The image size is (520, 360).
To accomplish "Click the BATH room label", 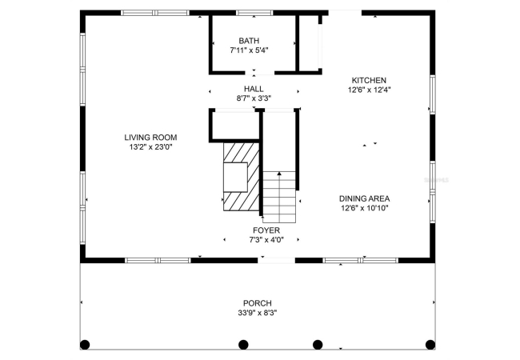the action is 249,41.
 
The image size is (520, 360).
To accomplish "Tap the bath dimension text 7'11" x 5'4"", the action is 249,50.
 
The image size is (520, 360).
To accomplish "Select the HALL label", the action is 254,89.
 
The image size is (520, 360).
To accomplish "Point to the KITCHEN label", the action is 369,80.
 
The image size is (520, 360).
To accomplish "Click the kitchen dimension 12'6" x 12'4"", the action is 369,90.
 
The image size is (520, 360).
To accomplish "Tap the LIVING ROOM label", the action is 150,138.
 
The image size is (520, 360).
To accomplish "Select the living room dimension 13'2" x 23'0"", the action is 151,147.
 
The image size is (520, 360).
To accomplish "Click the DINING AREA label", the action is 364,198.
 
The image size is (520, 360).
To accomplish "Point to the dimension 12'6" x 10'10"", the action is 365,208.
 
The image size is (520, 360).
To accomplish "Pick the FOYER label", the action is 266,230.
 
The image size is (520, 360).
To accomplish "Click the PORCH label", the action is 258,303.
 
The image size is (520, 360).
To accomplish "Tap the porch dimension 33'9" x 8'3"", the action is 258,313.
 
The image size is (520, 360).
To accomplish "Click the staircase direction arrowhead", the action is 279,174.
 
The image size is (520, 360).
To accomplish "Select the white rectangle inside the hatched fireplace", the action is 235,178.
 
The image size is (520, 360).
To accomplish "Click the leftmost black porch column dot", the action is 85,345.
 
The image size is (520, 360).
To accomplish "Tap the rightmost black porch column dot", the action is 430,345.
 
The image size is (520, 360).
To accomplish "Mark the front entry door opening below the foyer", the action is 276,261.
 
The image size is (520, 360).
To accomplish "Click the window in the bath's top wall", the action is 254,13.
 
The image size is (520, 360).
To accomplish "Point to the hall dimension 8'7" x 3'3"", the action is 254,98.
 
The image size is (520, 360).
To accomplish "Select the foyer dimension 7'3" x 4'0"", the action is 266,240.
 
